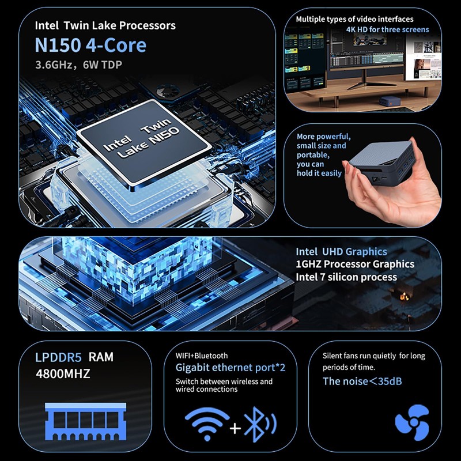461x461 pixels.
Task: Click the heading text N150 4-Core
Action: [x=90, y=45]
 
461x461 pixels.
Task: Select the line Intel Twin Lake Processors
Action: [x=105, y=25]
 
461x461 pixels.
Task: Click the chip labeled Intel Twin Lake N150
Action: [x=142, y=141]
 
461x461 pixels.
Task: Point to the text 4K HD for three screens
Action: [x=387, y=29]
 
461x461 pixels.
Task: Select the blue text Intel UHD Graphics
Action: [x=341, y=251]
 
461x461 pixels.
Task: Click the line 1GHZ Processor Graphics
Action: [x=354, y=264]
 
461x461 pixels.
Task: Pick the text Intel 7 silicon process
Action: [x=346, y=277]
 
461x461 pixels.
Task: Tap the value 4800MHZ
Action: [x=63, y=373]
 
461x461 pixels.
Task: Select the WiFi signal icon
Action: [x=206, y=424]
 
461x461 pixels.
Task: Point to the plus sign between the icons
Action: [x=234, y=428]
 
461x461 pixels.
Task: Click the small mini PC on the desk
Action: [x=386, y=102]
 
